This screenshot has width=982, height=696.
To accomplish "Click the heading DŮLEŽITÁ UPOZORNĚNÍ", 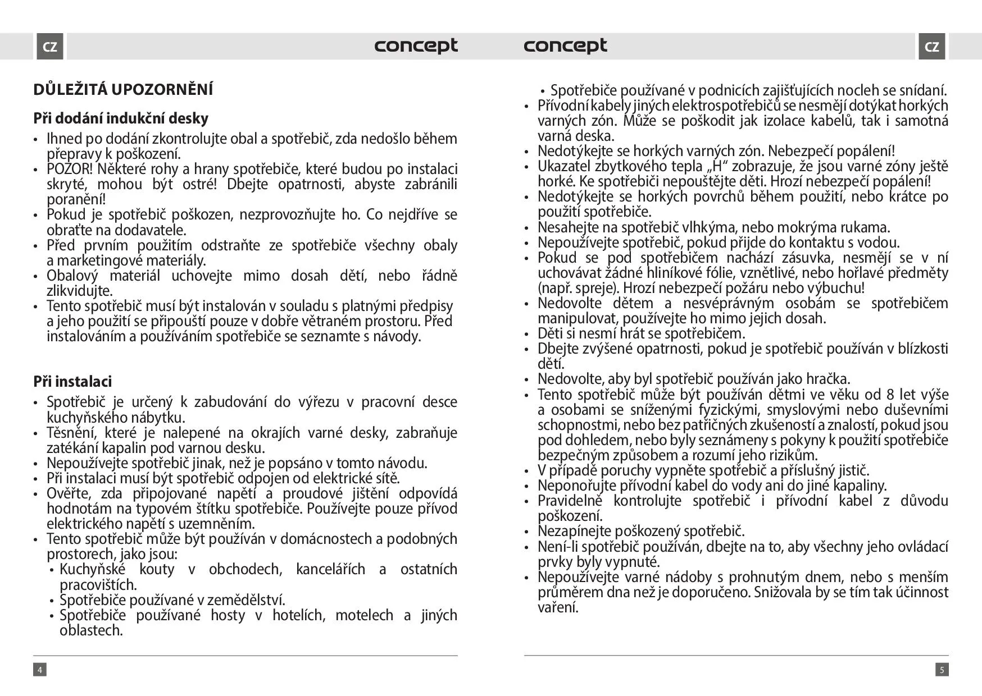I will click(123, 90).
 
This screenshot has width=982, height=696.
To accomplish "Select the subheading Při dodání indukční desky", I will click(121, 118).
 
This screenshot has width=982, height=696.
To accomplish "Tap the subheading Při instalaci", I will click(72, 382).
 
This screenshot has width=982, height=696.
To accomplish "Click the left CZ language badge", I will click(50, 47).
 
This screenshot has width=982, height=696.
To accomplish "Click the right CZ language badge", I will click(931, 47).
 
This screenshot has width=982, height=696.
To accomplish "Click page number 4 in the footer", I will click(39, 670).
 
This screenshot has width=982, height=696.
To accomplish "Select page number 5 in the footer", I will click(942, 670).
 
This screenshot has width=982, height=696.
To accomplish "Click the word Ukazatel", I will click(563, 167).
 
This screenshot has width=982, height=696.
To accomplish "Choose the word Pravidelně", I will click(570, 501).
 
